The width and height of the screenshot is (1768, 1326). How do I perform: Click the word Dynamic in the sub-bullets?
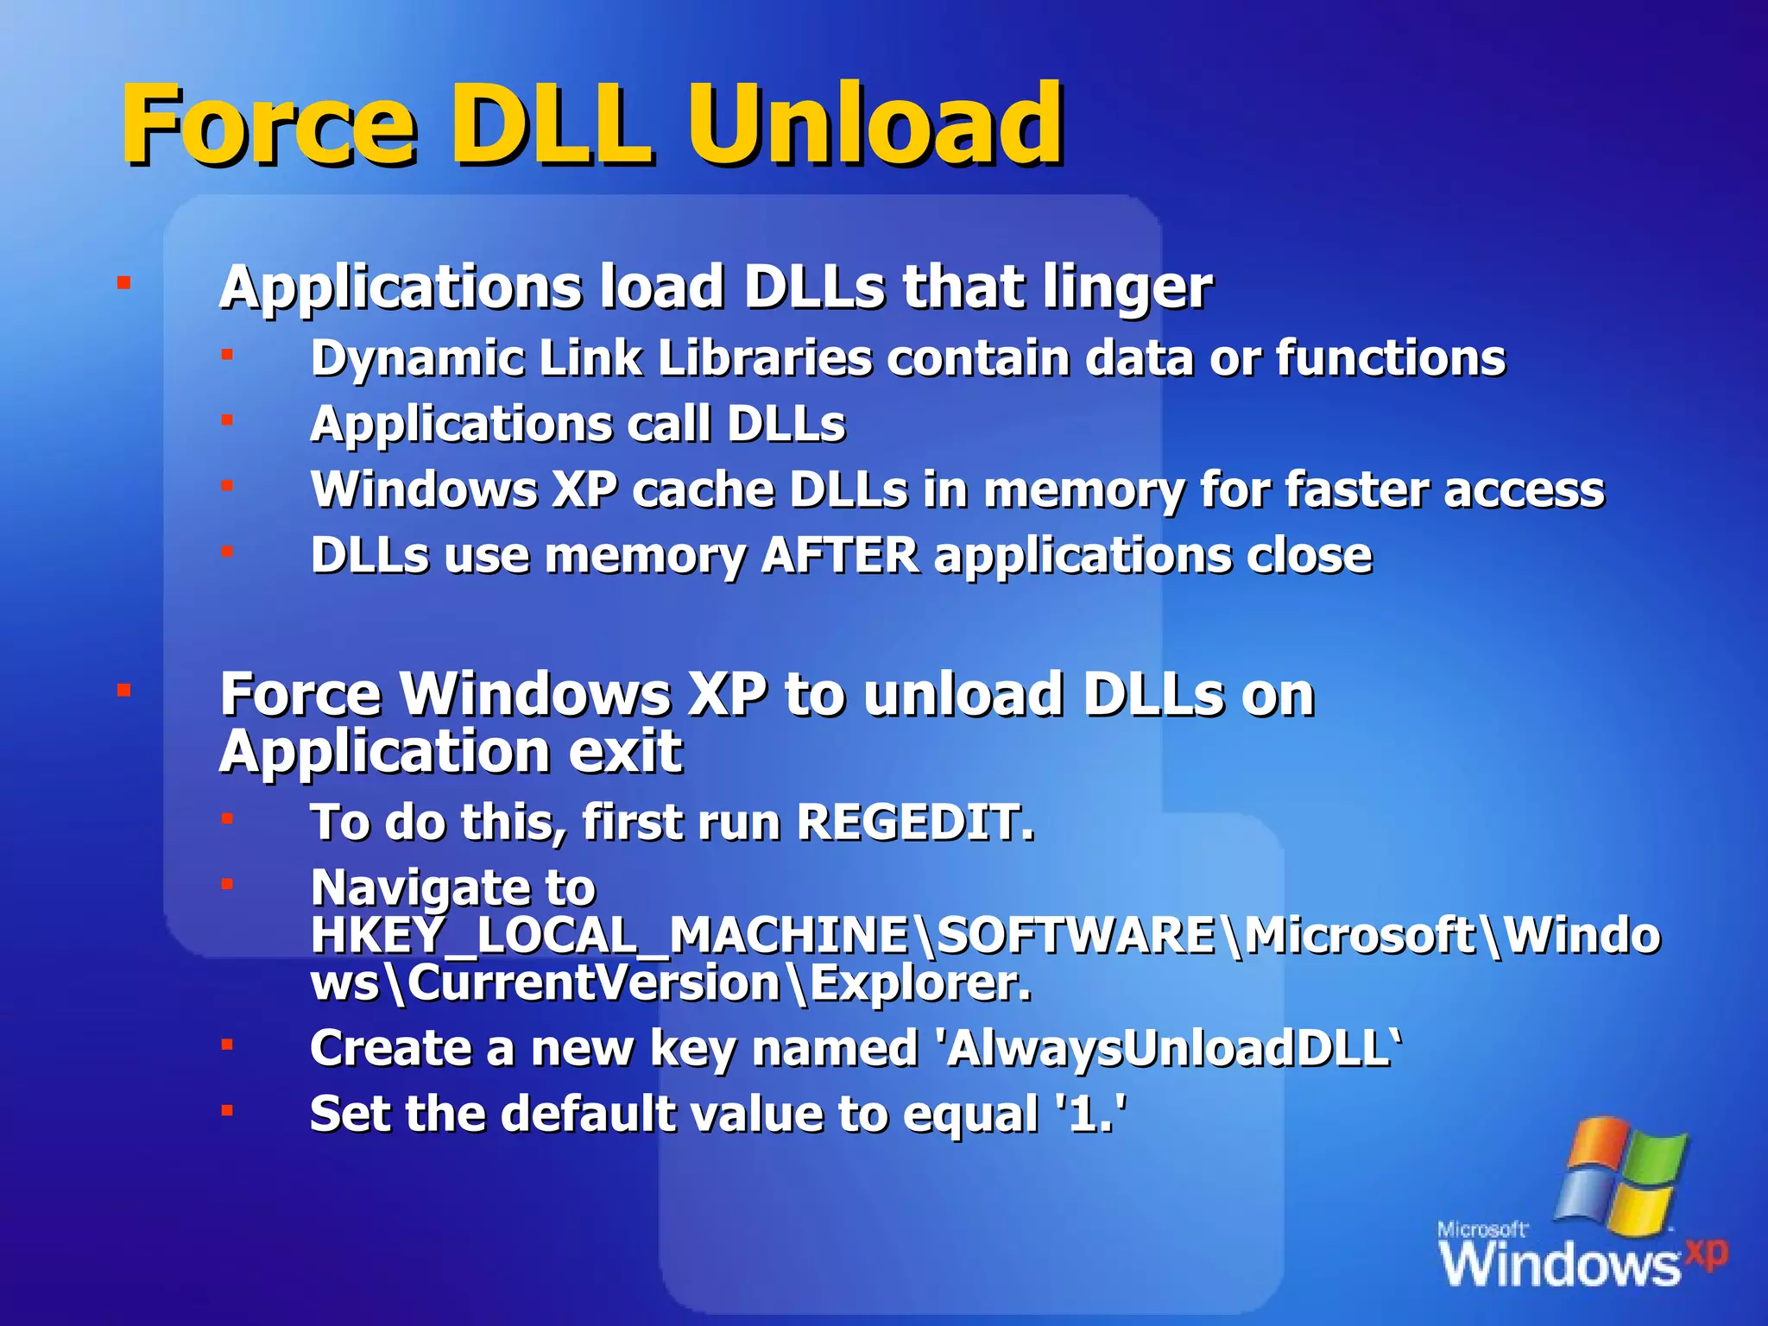pos(418,359)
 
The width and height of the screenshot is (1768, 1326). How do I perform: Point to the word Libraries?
pos(765,357)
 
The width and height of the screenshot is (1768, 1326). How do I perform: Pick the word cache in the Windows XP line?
pos(704,490)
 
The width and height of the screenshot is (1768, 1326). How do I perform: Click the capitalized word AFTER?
pos(840,555)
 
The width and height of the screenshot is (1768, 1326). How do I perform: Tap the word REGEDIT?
pos(913,822)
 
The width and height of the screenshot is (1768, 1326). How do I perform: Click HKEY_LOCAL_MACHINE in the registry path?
pos(609,936)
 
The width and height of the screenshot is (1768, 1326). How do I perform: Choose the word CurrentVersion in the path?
pos(594,983)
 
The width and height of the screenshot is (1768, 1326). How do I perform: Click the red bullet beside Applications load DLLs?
pos(124,283)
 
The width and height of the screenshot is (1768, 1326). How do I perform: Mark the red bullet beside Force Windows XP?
pos(124,691)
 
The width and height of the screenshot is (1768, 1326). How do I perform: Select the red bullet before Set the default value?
pos(227,1111)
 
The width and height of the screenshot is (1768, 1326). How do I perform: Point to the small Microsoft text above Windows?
pos(1481,1229)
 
